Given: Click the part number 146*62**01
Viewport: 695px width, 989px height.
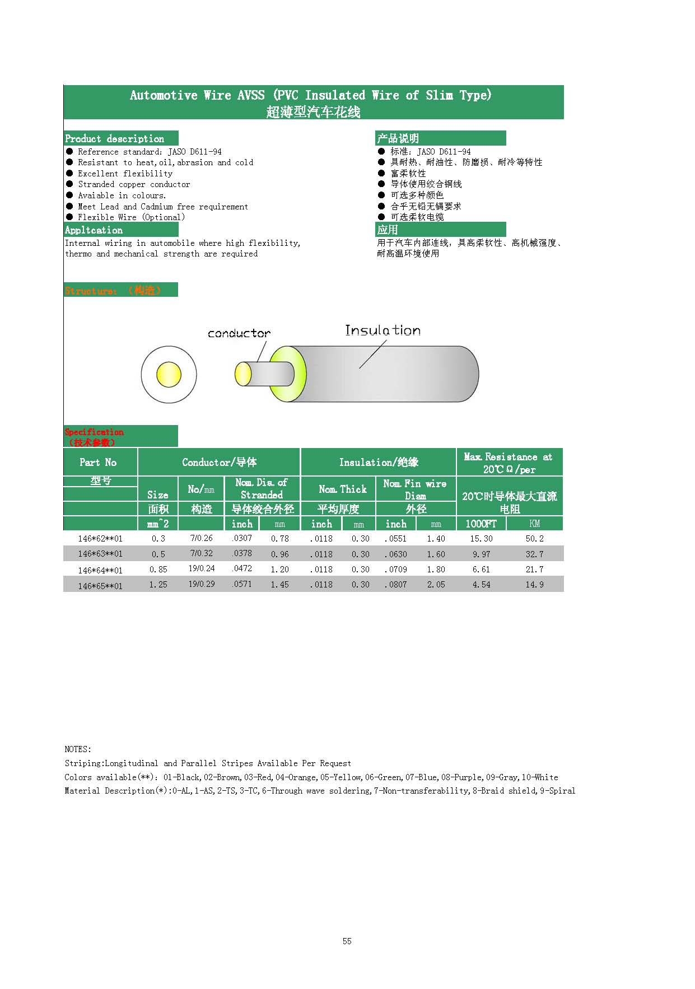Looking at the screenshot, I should (x=100, y=539).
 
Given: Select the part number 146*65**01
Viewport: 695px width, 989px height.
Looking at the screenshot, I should (x=100, y=586).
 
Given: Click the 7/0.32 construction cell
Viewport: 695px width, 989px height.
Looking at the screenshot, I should (x=201, y=553).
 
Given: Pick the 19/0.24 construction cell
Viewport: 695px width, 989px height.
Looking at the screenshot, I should (x=201, y=568).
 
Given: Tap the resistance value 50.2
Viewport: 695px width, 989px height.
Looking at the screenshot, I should (x=534, y=539).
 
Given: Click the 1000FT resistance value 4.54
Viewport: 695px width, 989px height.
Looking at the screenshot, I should (x=481, y=585).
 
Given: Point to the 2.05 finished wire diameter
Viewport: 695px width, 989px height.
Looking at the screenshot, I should (x=436, y=585).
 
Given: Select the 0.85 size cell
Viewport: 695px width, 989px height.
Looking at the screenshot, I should (x=158, y=570).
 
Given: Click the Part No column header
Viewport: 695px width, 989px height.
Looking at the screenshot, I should (x=98, y=463).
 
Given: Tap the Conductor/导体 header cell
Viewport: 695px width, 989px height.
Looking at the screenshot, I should (x=219, y=463).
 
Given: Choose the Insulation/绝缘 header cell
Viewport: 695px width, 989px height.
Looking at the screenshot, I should (x=379, y=463).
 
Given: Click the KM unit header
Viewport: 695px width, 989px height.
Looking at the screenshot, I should (x=534, y=524).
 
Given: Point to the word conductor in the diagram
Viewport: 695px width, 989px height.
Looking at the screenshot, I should (x=239, y=334).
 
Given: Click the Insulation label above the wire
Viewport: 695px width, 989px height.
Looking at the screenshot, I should (x=383, y=330).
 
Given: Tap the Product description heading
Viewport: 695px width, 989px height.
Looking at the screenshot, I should (x=115, y=139).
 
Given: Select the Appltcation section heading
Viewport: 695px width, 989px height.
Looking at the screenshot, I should (x=94, y=230).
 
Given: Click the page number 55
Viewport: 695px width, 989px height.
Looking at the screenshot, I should (x=347, y=941).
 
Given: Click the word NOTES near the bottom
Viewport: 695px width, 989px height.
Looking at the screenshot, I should (x=77, y=749).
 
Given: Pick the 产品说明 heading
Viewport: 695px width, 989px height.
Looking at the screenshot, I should (x=398, y=139).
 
